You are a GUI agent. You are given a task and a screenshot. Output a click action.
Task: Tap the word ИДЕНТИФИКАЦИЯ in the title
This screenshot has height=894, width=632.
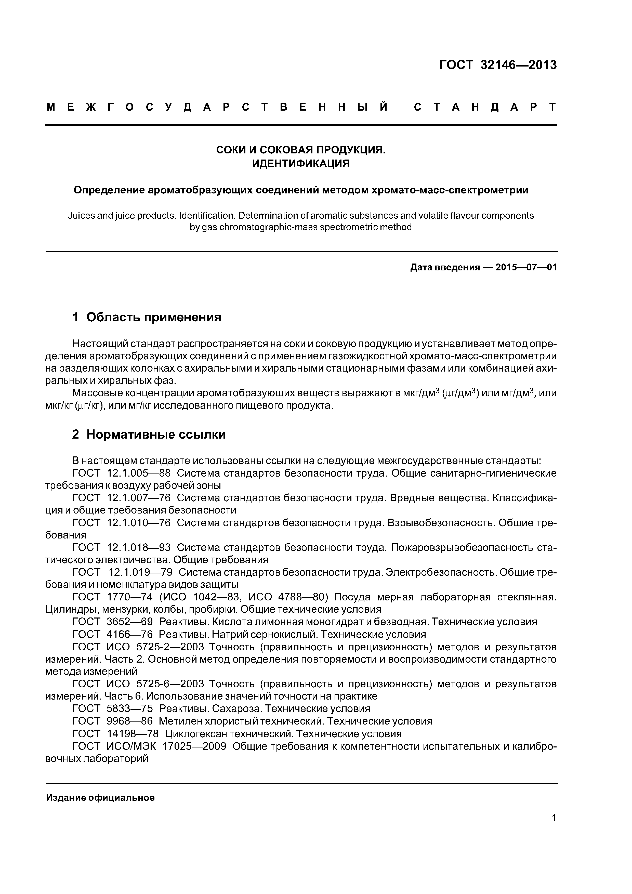pyautogui.click(x=301, y=164)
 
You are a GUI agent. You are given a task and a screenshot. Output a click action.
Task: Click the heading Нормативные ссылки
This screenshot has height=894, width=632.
pyautogui.click(x=156, y=434)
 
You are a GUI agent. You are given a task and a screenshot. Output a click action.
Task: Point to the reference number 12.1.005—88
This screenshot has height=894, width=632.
pyautogui.click(x=138, y=474)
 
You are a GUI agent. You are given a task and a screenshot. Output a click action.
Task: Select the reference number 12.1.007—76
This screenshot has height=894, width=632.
pyautogui.click(x=138, y=498)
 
